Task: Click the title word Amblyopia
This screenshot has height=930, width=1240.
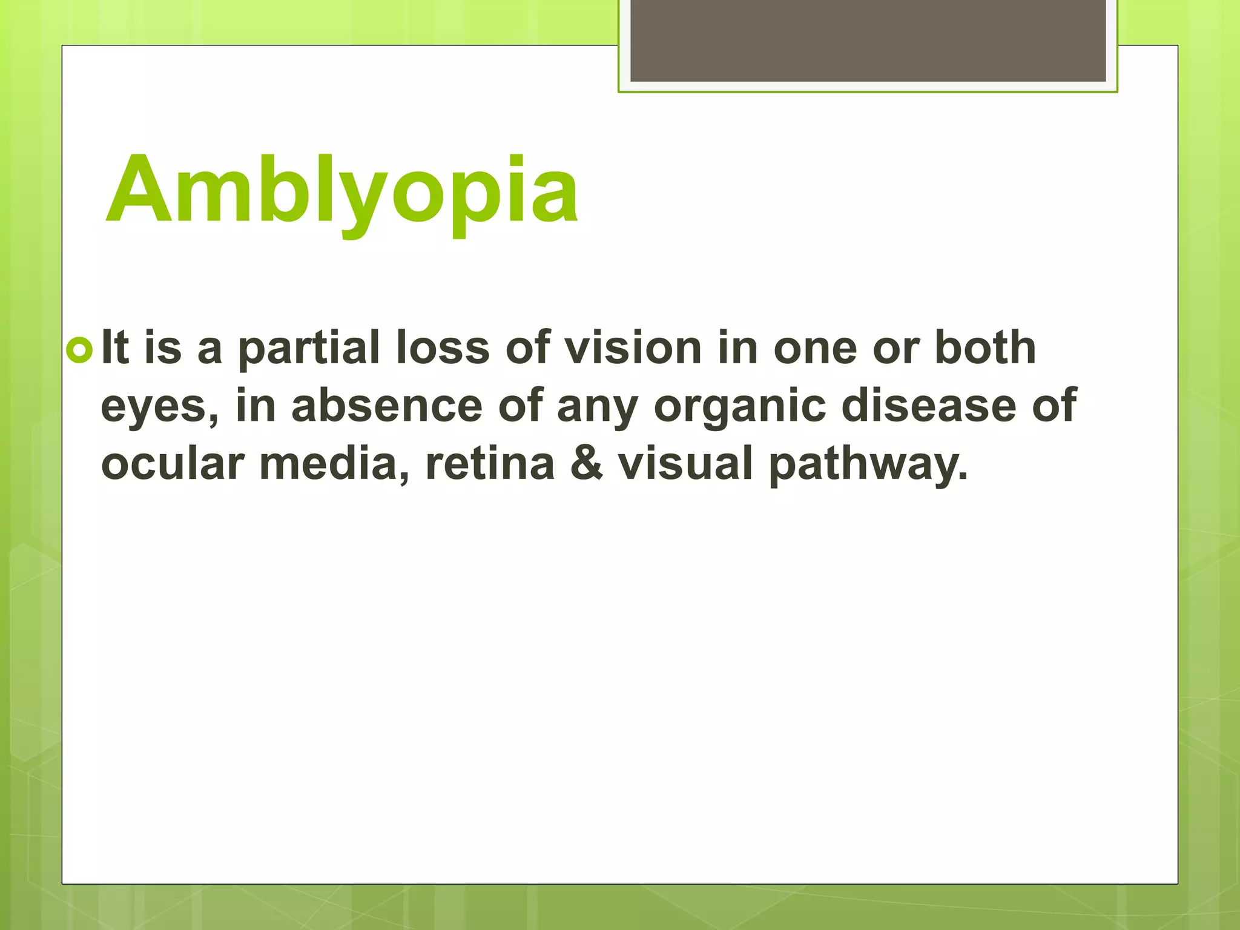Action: click(x=342, y=191)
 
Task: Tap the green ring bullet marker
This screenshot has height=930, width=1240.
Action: click(x=80, y=351)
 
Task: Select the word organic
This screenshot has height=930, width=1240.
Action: click(x=740, y=406)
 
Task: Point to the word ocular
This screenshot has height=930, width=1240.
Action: click(x=173, y=463)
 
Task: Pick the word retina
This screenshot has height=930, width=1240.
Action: click(x=490, y=463)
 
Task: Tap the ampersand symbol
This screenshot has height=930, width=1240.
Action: click(x=586, y=463)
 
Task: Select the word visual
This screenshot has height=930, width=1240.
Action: click(x=685, y=463)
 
